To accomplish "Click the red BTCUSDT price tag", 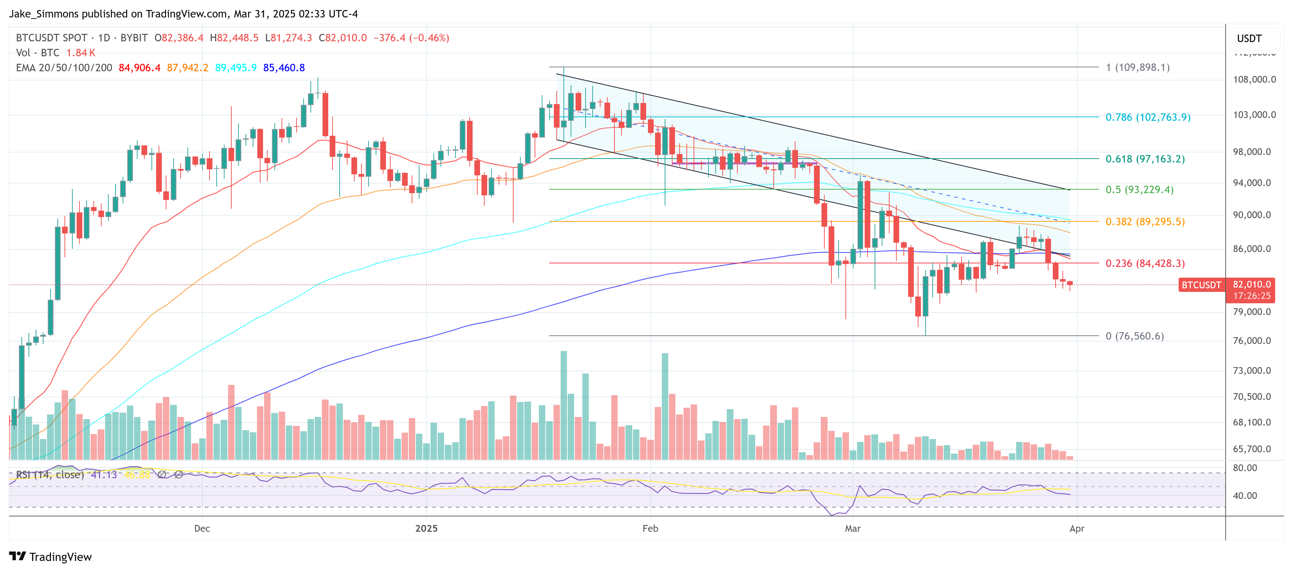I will tap(1201, 285).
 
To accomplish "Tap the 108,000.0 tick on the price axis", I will tap(1254, 79).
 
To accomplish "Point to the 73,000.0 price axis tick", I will tap(1254, 370).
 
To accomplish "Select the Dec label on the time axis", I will tap(202, 529).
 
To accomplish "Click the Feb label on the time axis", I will tap(650, 529).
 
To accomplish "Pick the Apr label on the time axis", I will tap(1077, 529).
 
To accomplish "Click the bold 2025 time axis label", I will tap(426, 529).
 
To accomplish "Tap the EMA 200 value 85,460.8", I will tap(284, 68).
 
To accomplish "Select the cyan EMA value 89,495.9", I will tap(236, 68).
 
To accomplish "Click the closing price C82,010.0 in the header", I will tap(343, 38).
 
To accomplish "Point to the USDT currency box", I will tap(1249, 38).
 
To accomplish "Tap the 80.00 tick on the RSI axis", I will tap(1245, 468).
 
